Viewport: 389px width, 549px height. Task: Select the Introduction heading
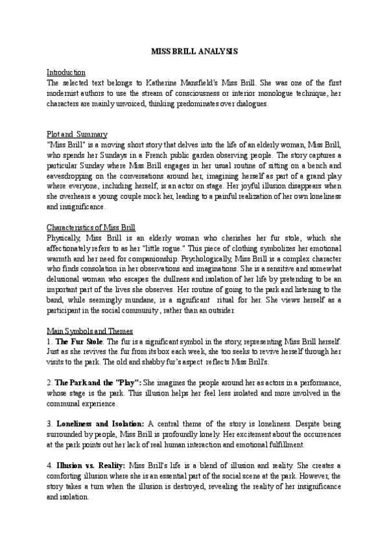67,72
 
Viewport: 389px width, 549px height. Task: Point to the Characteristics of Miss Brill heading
91,228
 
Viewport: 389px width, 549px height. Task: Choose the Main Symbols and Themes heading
89,331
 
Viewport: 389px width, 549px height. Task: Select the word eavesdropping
73,177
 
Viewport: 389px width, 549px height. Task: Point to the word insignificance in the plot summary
80,207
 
